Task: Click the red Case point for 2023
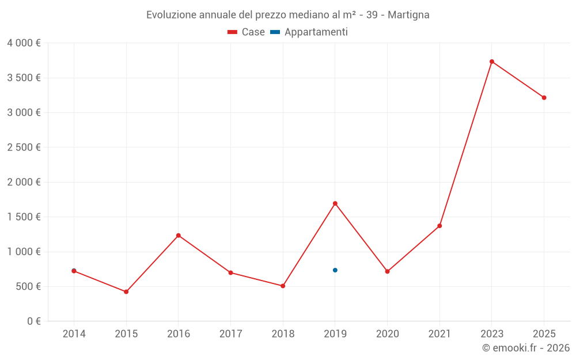[x=492, y=62]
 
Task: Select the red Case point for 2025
[x=544, y=98]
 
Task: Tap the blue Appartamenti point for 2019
[x=335, y=270]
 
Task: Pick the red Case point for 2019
[x=335, y=203]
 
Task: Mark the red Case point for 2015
[x=126, y=292]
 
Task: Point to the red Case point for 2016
[x=179, y=236]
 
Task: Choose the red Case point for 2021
[x=439, y=226]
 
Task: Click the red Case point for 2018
[x=283, y=286]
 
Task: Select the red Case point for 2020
[x=387, y=271]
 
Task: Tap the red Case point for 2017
[x=230, y=273]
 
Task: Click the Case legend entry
[x=247, y=32]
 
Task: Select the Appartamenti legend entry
[x=310, y=32]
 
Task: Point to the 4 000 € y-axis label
[x=24, y=43]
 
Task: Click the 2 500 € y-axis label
[x=24, y=147]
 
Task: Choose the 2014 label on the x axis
[x=74, y=334]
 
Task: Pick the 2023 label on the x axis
[x=492, y=334]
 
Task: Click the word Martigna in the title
[x=408, y=15]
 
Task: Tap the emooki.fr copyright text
[x=526, y=348]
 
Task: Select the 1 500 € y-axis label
[x=24, y=217]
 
